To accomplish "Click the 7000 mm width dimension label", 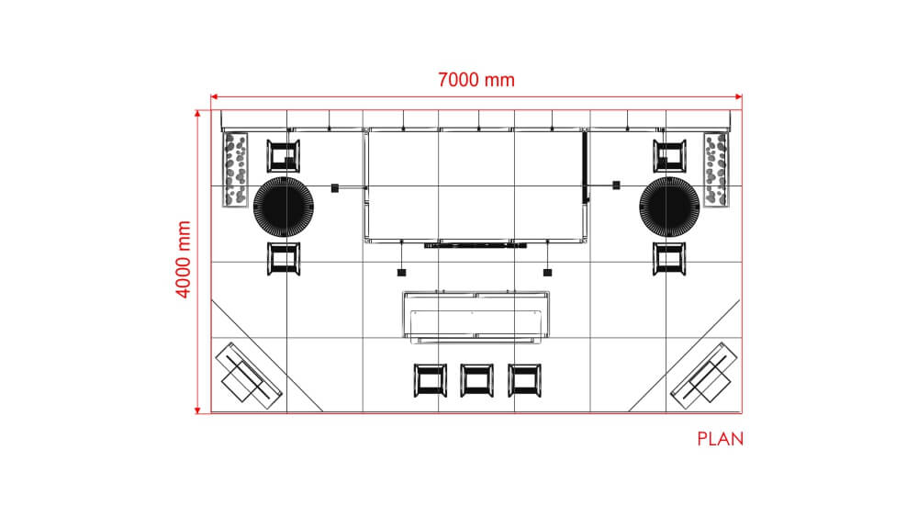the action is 476,80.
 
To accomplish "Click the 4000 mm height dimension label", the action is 184,259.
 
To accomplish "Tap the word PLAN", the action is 720,439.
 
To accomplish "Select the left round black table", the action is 284,208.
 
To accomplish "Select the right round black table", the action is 669,208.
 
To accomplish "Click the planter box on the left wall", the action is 235,170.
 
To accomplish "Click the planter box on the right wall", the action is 717,170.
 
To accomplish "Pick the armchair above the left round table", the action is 284,156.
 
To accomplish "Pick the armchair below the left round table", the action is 284,258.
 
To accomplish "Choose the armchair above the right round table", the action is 670,156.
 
